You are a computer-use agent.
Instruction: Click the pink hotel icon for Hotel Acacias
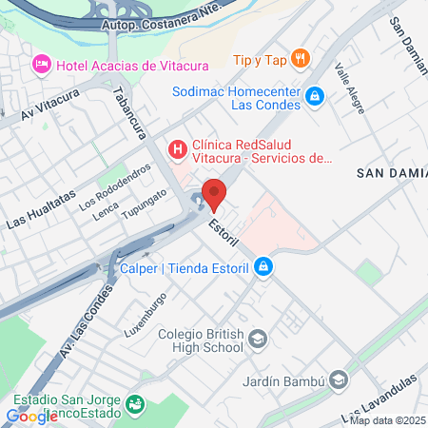(41, 64)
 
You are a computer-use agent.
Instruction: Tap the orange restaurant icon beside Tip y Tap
(300, 59)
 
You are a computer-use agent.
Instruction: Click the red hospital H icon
(176, 149)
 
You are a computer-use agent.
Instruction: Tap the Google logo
(31, 416)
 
